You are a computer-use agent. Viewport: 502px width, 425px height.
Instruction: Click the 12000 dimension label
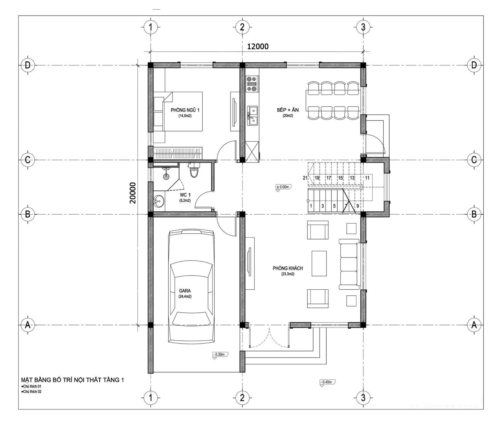(x=258, y=46)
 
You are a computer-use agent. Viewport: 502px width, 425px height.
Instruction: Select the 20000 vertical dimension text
(x=133, y=193)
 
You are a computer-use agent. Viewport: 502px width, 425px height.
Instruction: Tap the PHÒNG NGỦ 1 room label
(x=185, y=110)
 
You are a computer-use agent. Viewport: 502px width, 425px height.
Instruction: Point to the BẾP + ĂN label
(x=287, y=110)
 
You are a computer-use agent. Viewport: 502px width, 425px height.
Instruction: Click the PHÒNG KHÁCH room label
(x=287, y=268)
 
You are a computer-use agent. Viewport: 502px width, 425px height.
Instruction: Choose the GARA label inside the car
(x=185, y=291)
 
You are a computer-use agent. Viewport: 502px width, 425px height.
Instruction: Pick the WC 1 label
(x=185, y=195)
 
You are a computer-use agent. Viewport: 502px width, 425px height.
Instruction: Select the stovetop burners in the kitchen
(x=252, y=84)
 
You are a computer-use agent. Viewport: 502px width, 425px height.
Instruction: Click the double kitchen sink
(x=252, y=116)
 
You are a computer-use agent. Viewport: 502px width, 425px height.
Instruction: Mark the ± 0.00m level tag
(x=284, y=187)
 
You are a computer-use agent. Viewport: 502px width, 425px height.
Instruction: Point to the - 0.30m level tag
(x=220, y=355)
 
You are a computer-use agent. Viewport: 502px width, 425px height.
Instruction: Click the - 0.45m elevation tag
(x=327, y=382)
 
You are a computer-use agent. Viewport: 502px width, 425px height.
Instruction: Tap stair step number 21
(x=305, y=178)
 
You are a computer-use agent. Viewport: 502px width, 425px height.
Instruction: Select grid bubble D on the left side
(x=28, y=65)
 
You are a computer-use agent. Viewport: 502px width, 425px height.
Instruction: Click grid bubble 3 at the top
(x=363, y=27)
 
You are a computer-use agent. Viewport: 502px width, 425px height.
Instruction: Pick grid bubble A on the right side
(x=474, y=325)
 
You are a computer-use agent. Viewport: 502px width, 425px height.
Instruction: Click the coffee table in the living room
(x=319, y=263)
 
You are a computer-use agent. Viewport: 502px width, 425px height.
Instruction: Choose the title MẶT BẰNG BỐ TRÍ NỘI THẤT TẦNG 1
(x=72, y=380)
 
